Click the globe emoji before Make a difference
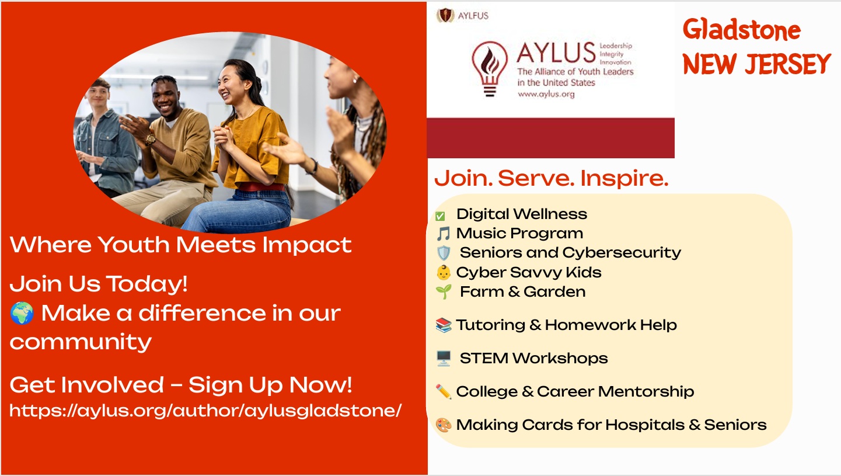click(x=22, y=313)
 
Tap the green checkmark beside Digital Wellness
click(x=440, y=216)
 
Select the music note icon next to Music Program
click(x=444, y=234)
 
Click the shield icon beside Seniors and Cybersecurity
click(x=444, y=253)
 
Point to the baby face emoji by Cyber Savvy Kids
click(x=444, y=273)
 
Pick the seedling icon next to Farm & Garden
click(x=444, y=292)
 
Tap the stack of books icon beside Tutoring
click(x=444, y=325)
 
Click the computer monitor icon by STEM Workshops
click(x=444, y=359)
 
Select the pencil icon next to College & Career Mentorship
click(x=444, y=392)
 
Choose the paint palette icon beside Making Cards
click(x=444, y=425)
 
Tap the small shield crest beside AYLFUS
click(x=446, y=15)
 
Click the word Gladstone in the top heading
click(x=742, y=30)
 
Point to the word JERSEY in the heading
click(x=787, y=64)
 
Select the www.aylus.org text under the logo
click(x=546, y=94)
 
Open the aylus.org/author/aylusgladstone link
click(x=205, y=411)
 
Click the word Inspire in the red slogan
click(x=624, y=179)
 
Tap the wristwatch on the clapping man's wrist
click(x=151, y=138)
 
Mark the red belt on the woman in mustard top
click(x=261, y=187)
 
